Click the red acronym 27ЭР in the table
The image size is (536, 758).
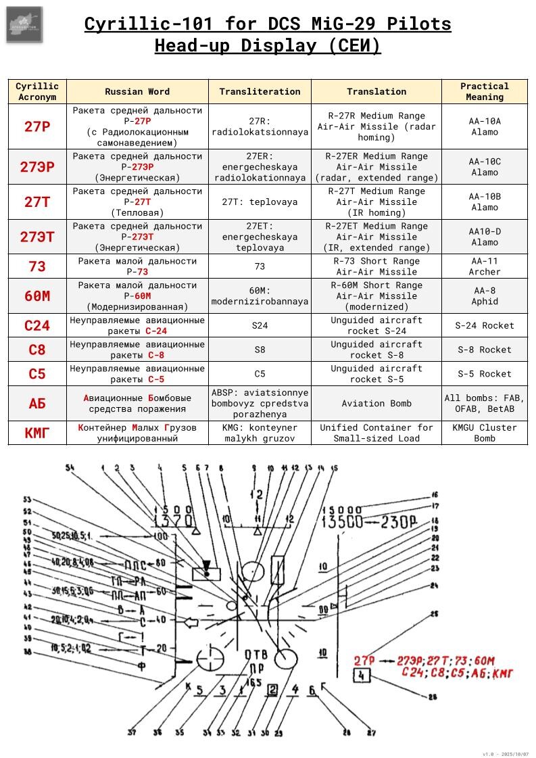coord(37,167)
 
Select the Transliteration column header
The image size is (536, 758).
coord(260,91)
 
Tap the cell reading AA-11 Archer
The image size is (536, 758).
coord(485,266)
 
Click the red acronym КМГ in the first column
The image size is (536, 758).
coord(37,433)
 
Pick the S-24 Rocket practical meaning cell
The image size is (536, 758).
coord(485,325)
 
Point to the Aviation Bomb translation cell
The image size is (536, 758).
coord(376,403)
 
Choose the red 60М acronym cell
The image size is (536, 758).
coord(37,296)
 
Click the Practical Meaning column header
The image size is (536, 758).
coord(485,91)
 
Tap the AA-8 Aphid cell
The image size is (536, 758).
coord(485,296)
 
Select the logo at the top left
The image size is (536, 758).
coord(24,24)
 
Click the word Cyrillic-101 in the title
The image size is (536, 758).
coord(140,25)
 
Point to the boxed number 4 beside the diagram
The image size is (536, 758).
coord(362,676)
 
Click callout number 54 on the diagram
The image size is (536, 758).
coord(70,467)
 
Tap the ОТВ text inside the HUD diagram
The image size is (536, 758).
coord(255,654)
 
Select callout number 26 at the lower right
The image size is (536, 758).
coord(433,697)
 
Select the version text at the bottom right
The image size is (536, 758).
coord(506,754)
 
